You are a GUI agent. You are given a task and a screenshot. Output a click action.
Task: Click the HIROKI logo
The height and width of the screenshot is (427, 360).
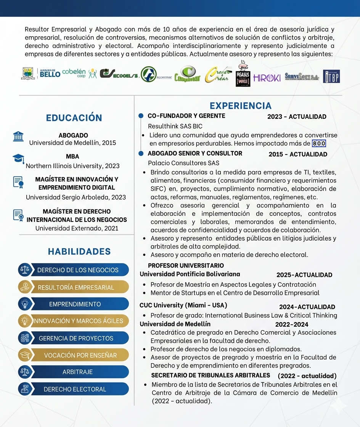(x=267, y=77)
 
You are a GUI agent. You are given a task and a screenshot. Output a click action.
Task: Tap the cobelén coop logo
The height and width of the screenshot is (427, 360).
(x=74, y=73)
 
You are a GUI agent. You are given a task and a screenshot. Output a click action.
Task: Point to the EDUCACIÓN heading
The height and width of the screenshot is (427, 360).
(x=74, y=118)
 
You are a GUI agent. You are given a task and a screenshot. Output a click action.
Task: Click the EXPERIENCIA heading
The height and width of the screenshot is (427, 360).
(x=241, y=106)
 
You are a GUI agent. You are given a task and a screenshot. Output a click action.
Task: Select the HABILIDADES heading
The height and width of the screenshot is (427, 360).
(x=79, y=252)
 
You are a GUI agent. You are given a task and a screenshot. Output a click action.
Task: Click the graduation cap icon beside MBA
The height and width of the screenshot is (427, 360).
(x=18, y=159)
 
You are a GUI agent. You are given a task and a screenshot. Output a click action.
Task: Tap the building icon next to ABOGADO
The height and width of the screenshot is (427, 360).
(x=18, y=136)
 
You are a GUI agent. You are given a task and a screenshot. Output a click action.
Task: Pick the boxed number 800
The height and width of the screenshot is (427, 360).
(x=319, y=144)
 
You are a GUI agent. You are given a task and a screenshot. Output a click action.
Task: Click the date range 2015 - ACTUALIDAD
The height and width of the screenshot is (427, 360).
(x=298, y=154)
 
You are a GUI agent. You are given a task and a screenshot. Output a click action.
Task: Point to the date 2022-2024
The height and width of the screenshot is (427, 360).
(x=292, y=325)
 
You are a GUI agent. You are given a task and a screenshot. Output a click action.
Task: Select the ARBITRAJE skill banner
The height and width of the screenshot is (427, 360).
(x=77, y=372)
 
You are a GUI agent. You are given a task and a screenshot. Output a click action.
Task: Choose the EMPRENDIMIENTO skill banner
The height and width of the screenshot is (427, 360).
(x=75, y=304)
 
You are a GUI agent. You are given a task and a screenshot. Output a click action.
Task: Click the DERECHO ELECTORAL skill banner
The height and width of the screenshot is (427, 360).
(x=75, y=389)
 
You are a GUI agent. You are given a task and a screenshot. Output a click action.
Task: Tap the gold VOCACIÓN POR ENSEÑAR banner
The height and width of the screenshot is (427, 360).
(x=80, y=355)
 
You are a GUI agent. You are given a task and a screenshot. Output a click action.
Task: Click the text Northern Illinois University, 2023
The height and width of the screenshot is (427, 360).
(x=72, y=166)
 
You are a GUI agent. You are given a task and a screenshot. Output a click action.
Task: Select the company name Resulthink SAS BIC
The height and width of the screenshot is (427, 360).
(x=175, y=126)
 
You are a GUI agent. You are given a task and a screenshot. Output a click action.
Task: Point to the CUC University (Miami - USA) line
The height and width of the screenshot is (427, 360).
(x=183, y=305)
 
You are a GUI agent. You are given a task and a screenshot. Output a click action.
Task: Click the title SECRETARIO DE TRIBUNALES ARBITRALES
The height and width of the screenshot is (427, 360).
(x=211, y=376)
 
